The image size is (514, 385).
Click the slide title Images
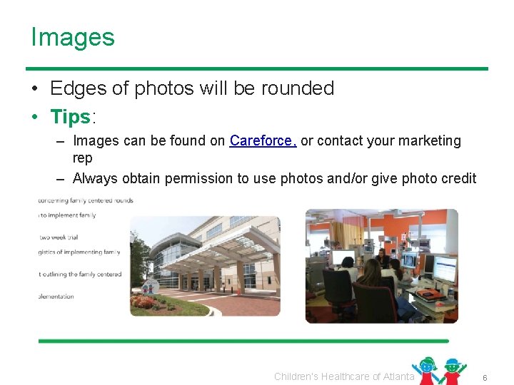click(72, 37)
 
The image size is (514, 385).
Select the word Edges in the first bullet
click(76, 88)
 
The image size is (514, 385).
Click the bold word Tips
click(71, 115)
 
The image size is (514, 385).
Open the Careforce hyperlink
click(261, 141)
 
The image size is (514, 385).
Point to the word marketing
click(427, 141)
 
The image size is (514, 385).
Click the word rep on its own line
click(82, 158)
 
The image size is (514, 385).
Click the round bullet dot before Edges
click(35, 89)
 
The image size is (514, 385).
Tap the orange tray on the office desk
click(428, 293)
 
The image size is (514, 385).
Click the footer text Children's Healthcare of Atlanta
click(343, 376)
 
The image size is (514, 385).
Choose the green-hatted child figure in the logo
click(453, 371)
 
